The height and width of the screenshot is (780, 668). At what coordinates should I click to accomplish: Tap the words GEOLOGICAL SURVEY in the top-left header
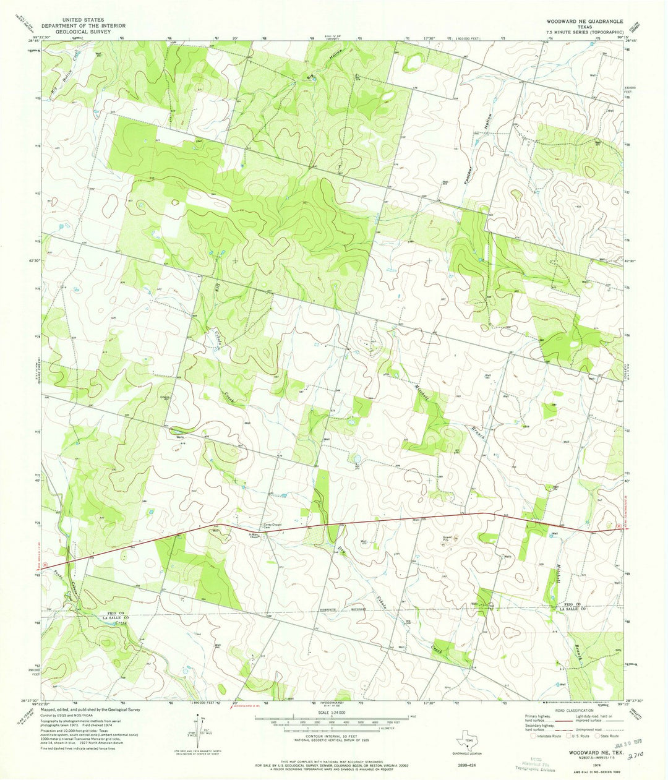point(73,31)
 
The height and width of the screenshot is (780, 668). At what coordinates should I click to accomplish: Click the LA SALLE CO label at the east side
point(572,609)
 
